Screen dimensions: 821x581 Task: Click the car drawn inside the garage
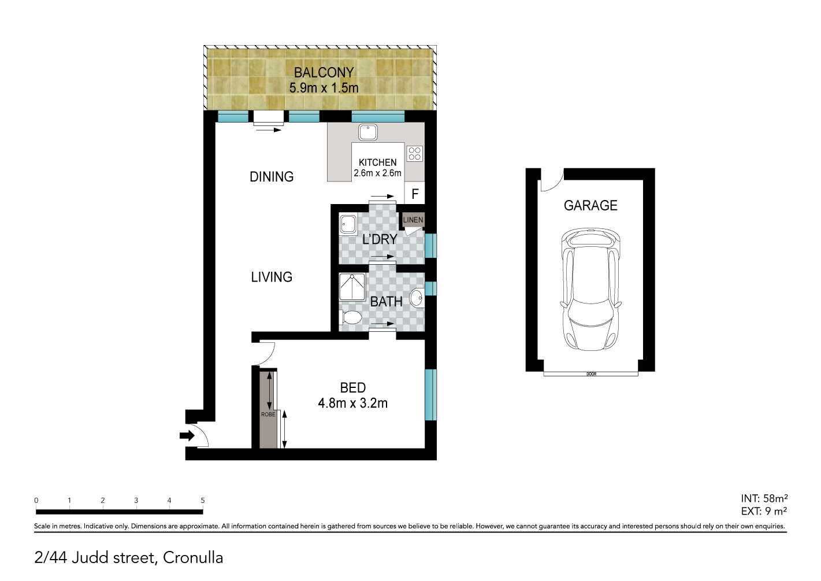pos(590,290)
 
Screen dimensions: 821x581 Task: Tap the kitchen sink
pos(367,132)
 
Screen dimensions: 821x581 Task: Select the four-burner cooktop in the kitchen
pos(414,154)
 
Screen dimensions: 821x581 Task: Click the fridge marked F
pos(414,193)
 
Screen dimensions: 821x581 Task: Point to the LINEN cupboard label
pos(413,220)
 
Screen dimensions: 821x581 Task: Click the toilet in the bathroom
pos(351,317)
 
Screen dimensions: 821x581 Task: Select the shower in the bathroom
pos(352,287)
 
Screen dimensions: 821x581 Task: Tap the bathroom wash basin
pos(417,298)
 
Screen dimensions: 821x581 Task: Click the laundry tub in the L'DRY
pos(348,224)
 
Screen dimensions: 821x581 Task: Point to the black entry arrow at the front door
pos(187,435)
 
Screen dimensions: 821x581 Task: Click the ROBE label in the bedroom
pos(268,415)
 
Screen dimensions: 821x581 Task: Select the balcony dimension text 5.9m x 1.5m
pos(324,88)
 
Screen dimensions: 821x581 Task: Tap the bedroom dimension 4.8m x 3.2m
pos(352,403)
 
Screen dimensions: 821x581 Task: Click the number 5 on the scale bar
pos(203,500)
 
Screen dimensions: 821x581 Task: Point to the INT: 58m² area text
pos(764,498)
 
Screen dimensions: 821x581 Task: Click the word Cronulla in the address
pos(193,558)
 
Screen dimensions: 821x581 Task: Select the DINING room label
pos(272,177)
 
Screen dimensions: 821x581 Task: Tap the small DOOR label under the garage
pos(592,374)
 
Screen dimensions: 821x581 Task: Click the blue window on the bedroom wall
pos(430,395)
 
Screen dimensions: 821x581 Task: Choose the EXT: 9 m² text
pos(764,511)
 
